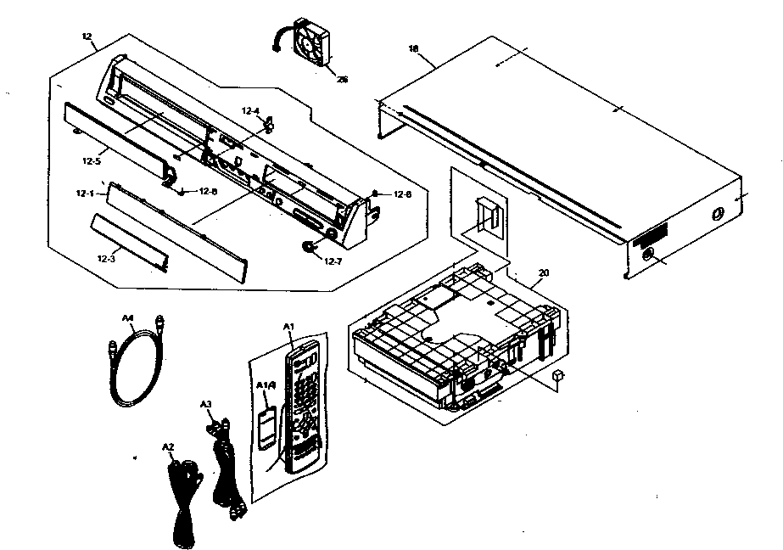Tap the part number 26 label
342,81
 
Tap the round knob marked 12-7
309,247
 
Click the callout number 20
544,272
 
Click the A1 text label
288,326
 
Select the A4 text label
128,318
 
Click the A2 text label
167,446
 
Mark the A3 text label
204,404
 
